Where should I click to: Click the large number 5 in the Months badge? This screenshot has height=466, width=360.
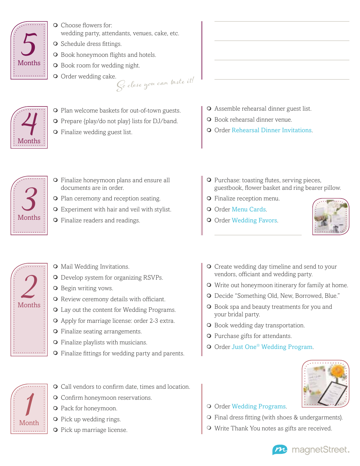(29, 44)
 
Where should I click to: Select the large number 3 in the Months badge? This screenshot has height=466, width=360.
(29, 199)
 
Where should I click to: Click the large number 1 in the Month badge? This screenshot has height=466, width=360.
(29, 404)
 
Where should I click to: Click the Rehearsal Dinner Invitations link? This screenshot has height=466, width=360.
(271, 130)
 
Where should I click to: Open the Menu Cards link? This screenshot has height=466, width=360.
(249, 210)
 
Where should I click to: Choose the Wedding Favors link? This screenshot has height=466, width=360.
(254, 220)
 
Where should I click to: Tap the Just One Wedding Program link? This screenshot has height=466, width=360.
(272, 347)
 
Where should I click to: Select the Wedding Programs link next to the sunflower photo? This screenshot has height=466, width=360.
(258, 407)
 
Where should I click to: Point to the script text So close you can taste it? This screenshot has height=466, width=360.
(155, 84)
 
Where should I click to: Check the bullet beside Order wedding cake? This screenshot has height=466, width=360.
(56, 77)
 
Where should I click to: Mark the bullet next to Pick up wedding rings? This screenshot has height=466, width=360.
(56, 419)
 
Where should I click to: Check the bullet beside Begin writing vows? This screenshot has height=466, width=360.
(56, 288)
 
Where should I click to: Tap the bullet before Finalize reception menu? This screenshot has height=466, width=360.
(209, 199)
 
